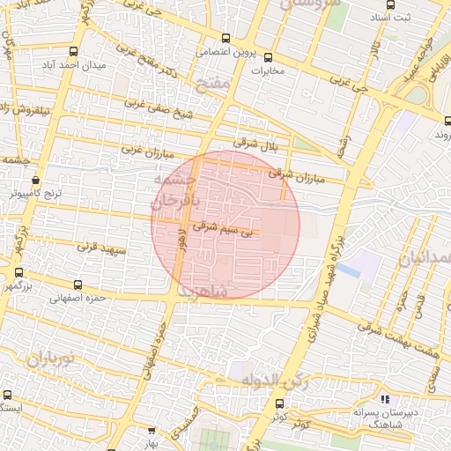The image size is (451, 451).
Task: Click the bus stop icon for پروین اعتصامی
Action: click(x=226, y=38)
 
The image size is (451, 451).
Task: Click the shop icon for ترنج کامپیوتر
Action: click(x=34, y=180)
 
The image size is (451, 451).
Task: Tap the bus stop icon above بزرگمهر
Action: click(x=18, y=273)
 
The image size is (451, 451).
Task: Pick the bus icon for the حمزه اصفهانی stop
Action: click(x=78, y=285)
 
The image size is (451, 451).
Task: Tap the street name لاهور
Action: click(x=181, y=240)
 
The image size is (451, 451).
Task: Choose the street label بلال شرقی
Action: click(x=255, y=142)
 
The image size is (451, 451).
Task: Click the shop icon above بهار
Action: click(x=152, y=432)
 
